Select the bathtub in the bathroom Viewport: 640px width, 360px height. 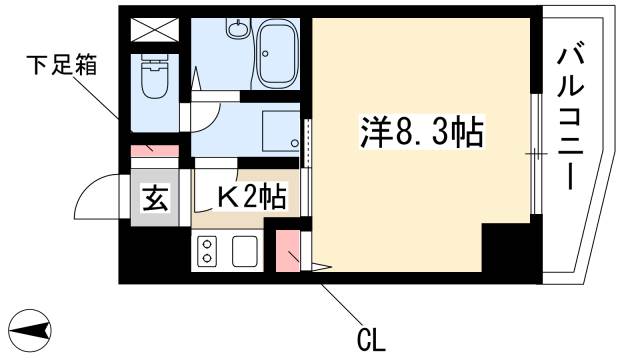point(283,56)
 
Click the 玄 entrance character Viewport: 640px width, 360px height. point(154,198)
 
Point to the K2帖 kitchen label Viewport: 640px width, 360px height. point(252,196)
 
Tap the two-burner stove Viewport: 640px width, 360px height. point(208,250)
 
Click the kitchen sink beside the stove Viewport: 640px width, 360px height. point(246,250)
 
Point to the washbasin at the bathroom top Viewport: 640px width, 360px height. point(237,29)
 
